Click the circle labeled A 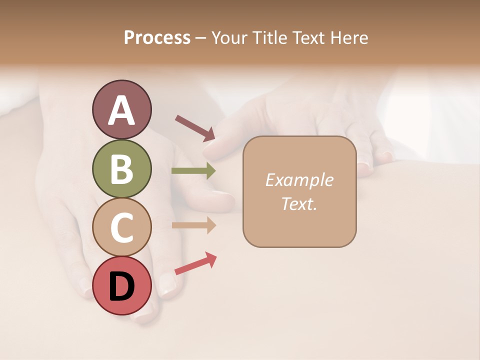121,109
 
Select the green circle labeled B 121,168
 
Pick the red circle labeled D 121,285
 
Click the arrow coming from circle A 195,127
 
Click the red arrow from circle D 195,263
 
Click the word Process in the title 157,38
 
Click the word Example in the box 299,180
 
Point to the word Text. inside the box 299,204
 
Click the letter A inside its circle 121,110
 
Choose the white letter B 121,169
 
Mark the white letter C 121,227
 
